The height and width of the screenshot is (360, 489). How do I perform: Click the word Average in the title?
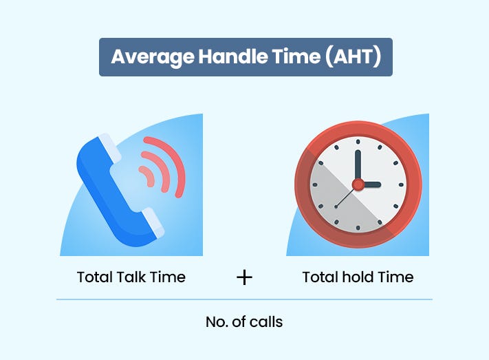(x=142, y=57)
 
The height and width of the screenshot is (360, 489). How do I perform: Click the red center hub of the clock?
(x=358, y=184)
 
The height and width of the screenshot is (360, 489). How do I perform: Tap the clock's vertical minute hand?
(x=358, y=165)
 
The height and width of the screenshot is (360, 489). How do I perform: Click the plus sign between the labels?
(x=244, y=277)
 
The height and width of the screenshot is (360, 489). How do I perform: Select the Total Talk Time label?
(x=131, y=277)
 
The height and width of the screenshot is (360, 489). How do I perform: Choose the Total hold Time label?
(x=358, y=277)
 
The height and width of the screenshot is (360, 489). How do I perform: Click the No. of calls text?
(x=244, y=321)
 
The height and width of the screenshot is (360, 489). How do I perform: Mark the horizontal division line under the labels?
(x=244, y=299)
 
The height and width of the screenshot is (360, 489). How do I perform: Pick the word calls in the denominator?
(x=267, y=321)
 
